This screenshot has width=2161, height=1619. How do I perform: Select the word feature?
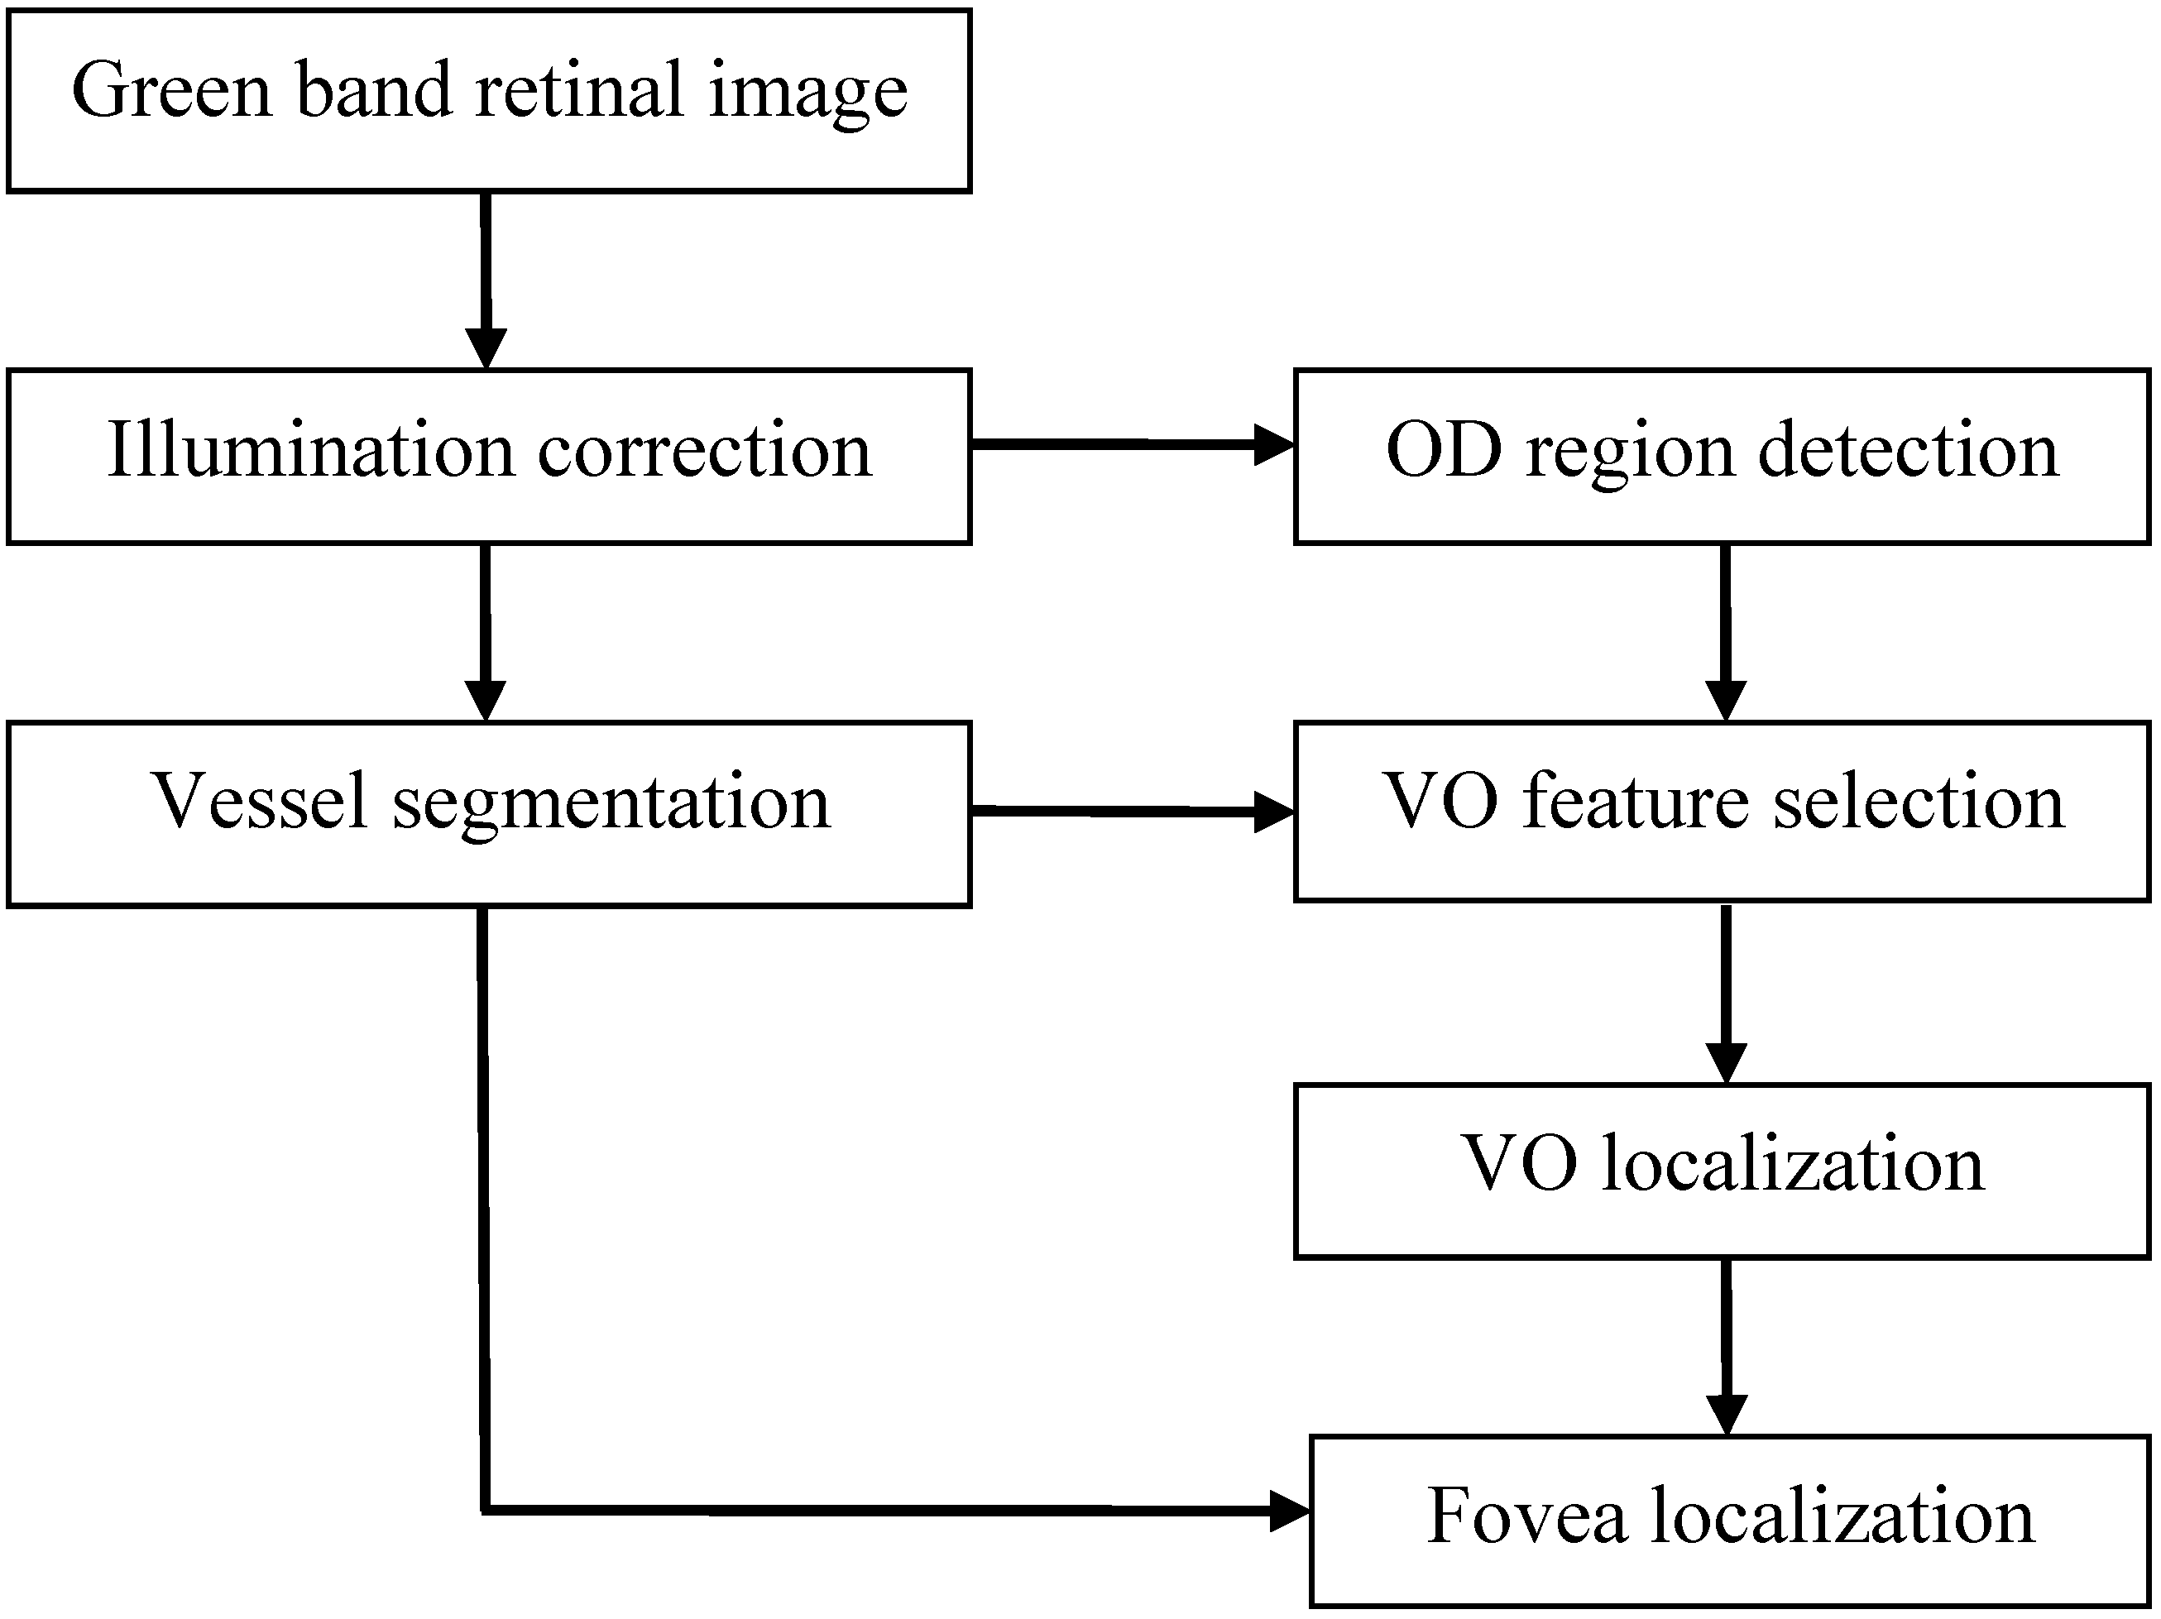(1636, 800)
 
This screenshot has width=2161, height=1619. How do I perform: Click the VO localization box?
(1723, 1170)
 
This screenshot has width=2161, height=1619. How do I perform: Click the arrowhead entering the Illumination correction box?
(486, 347)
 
